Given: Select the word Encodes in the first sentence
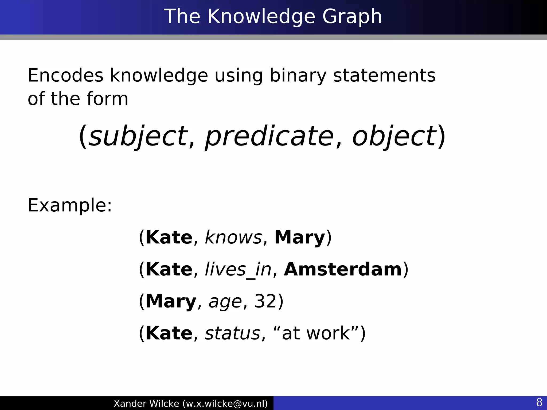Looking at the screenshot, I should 65,76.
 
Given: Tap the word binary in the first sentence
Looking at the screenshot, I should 298,76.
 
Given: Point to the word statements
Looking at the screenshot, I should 384,76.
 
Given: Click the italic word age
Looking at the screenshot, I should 225,302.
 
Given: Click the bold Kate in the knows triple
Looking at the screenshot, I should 169,237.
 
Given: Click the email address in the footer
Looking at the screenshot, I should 225,403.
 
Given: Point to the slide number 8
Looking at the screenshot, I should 539,402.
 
